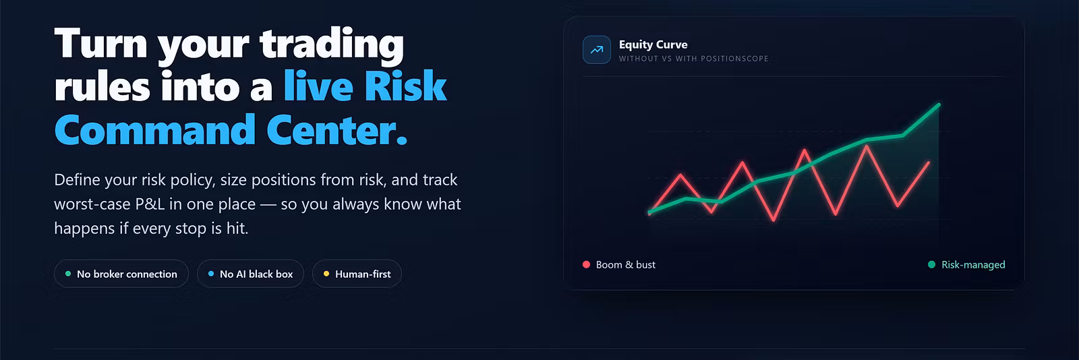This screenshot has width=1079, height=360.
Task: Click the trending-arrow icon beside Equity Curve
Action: tap(596, 50)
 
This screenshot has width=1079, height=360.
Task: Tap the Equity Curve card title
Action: tap(653, 44)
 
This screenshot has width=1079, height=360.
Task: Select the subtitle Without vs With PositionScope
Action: tap(694, 59)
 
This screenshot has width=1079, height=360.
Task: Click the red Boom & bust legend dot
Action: tap(586, 264)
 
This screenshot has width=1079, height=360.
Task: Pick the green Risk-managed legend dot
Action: tap(931, 264)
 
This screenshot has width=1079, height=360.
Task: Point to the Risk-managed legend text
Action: tap(974, 265)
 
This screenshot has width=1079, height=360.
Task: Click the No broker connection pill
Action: tap(121, 274)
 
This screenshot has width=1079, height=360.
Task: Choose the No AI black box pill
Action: tap(250, 274)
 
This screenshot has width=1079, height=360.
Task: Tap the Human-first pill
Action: tap(357, 274)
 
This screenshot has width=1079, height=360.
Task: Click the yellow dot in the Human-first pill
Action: tap(326, 274)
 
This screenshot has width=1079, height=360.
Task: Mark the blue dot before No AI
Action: tap(211, 274)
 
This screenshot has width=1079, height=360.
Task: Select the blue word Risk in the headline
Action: tap(405, 87)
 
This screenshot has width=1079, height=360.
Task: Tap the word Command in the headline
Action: tap(154, 130)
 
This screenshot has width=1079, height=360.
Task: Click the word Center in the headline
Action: tap(337, 130)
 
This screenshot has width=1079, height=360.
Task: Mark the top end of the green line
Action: tap(939, 104)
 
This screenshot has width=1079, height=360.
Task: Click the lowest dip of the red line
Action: tap(774, 220)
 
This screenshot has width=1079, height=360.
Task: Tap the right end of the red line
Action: tap(929, 162)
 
